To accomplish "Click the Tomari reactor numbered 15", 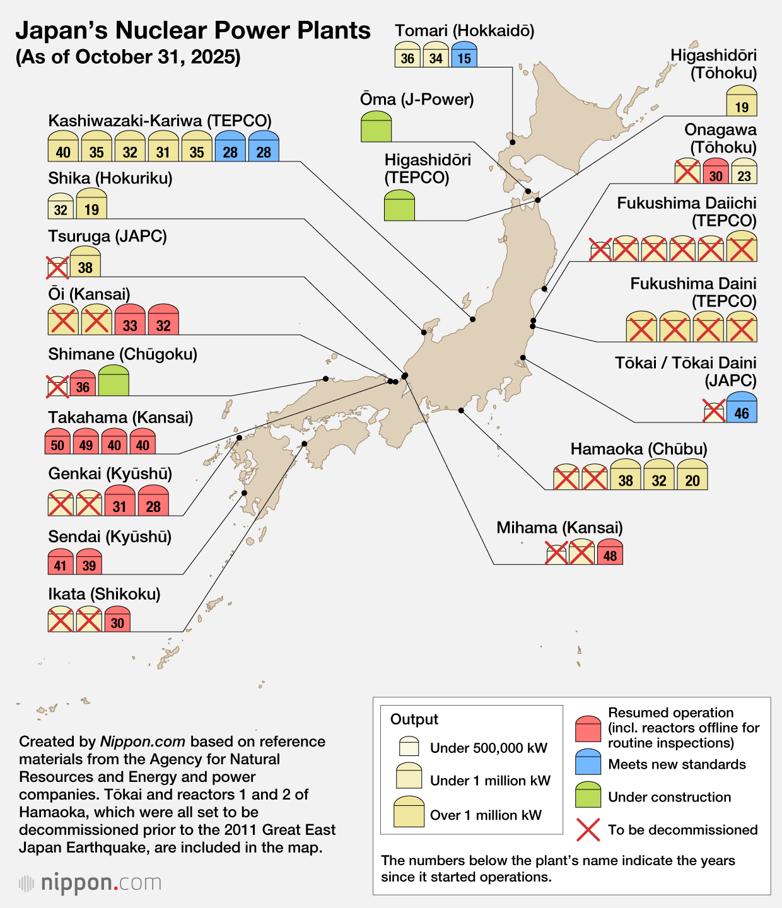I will (x=464, y=55).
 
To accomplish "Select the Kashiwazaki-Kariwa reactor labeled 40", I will (x=63, y=148).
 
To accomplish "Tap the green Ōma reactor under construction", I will (x=376, y=127).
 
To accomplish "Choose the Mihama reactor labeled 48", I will (x=610, y=552).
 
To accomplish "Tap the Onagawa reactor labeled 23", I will (x=744, y=172).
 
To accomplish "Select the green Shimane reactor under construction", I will (x=114, y=381).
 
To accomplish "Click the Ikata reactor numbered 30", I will (x=117, y=619).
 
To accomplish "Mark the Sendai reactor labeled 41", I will (x=61, y=562).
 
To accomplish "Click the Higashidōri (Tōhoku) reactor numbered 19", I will (x=742, y=102).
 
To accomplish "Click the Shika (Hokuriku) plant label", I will (x=110, y=178).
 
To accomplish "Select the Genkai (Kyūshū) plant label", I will (x=110, y=474).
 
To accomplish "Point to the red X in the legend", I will (x=588, y=830).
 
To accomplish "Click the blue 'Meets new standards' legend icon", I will (x=588, y=762).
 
